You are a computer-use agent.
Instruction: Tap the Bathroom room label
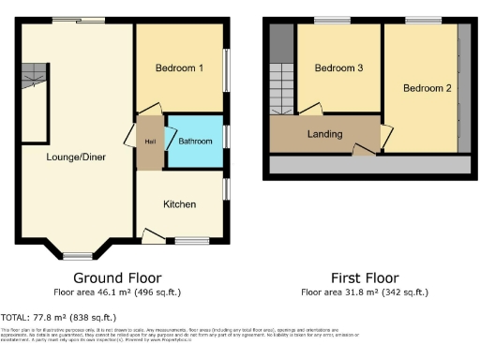[x=195, y=142]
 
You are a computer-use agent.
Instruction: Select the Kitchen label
[x=179, y=204]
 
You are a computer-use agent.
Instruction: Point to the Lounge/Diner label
[x=76, y=157]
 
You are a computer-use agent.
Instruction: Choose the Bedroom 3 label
[x=338, y=68]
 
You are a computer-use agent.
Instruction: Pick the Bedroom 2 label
[x=427, y=88]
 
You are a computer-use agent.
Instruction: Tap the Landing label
[x=325, y=134]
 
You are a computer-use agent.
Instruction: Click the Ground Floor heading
[x=117, y=278]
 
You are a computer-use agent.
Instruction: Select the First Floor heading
[x=365, y=278]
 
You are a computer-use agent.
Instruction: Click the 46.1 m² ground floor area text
[x=117, y=292]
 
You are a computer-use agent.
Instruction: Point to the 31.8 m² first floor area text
[x=365, y=292]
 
